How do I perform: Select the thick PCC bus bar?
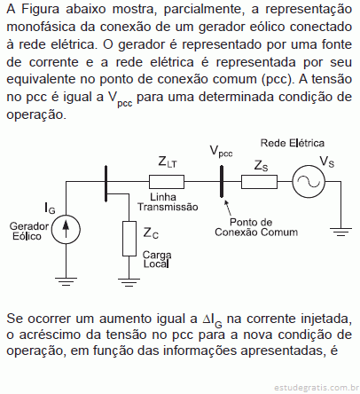[x=222, y=181]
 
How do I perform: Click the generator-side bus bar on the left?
[x=106, y=184]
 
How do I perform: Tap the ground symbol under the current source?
[x=66, y=281]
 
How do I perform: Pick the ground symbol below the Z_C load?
[x=129, y=282]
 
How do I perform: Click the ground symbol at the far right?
[x=340, y=232]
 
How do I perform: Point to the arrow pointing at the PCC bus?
[x=228, y=208]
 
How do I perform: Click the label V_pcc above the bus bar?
[x=221, y=152]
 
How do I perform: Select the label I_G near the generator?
[x=50, y=208]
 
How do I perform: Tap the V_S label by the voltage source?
[x=327, y=162]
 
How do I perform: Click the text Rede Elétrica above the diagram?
[x=293, y=143]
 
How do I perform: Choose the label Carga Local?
[x=157, y=259]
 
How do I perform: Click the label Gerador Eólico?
[x=29, y=232]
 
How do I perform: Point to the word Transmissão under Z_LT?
[x=168, y=207]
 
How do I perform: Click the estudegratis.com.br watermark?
[x=317, y=387]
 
